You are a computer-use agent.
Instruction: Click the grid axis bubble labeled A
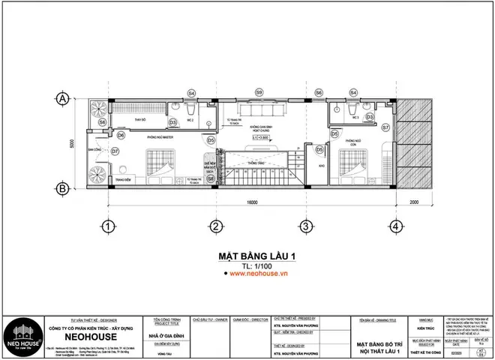click(x=64, y=97)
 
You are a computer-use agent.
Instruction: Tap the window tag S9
click(x=258, y=92)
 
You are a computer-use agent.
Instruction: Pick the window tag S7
click(x=385, y=128)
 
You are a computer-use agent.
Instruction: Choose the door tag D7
click(x=115, y=151)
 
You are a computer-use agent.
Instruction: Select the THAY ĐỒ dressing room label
click(x=139, y=119)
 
